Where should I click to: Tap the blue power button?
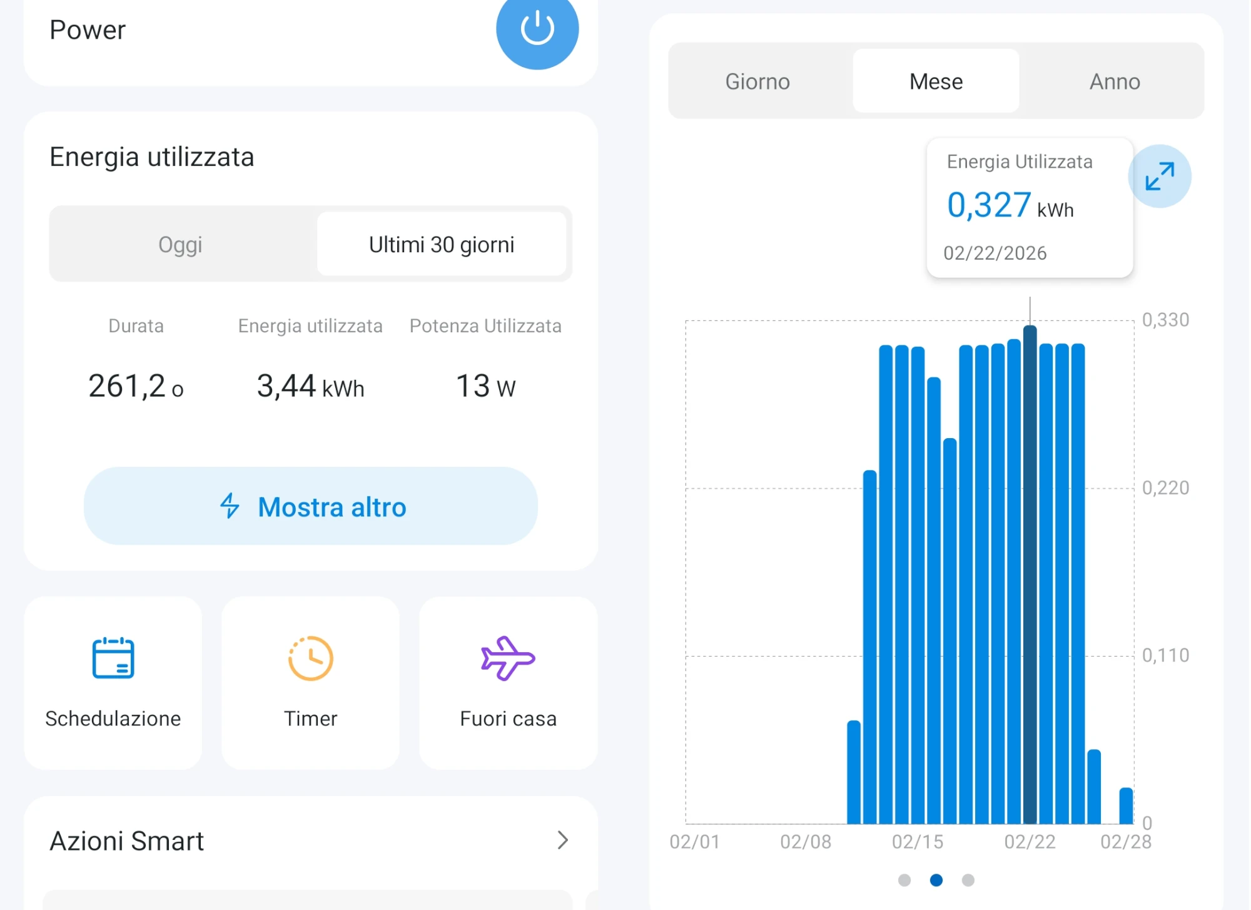coord(537,29)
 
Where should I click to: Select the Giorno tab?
coord(757,81)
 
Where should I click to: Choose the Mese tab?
coord(936,81)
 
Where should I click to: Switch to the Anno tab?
coord(1115,81)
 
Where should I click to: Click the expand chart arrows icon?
coord(1159,176)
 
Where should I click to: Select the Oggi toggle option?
coord(180,245)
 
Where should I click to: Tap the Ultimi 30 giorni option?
coord(442,245)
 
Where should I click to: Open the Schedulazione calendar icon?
coord(113,658)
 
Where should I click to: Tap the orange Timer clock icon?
coord(310,658)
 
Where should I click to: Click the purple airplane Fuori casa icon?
coord(507,658)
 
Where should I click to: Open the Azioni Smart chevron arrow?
coord(562,840)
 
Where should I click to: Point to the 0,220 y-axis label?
coord(1165,488)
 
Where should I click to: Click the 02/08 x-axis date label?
coord(806,842)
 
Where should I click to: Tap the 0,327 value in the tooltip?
coord(989,205)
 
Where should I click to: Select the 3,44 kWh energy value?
coord(310,386)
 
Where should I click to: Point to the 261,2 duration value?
coord(128,386)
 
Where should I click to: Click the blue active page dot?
coord(936,880)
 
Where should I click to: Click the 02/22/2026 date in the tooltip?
coord(995,253)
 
